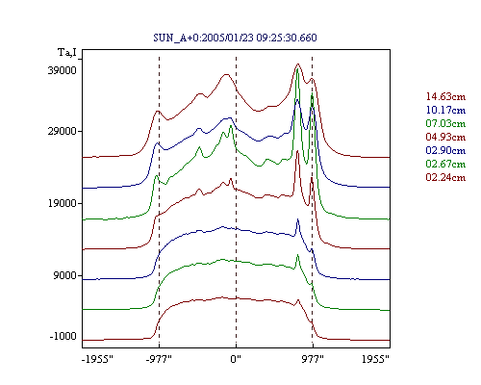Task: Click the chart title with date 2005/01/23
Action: (235, 38)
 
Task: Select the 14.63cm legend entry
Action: (445, 96)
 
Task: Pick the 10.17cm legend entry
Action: (445, 110)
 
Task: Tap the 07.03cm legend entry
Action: (445, 123)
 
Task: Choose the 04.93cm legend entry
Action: (445, 137)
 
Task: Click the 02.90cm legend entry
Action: (445, 150)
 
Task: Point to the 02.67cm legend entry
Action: (445, 164)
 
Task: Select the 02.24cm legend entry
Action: (445, 177)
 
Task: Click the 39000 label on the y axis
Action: (63, 70)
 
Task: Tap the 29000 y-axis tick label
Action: (63, 131)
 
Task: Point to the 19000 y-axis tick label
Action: (63, 203)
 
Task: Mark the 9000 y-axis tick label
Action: (65, 275)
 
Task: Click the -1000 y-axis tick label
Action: (63, 336)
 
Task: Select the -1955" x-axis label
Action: (97, 359)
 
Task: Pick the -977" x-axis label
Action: (159, 359)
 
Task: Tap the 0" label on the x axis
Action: (236, 359)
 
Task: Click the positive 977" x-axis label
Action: (313, 359)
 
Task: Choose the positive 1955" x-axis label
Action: (375, 359)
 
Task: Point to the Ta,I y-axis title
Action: (67, 52)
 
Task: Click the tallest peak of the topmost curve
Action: (298, 64)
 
